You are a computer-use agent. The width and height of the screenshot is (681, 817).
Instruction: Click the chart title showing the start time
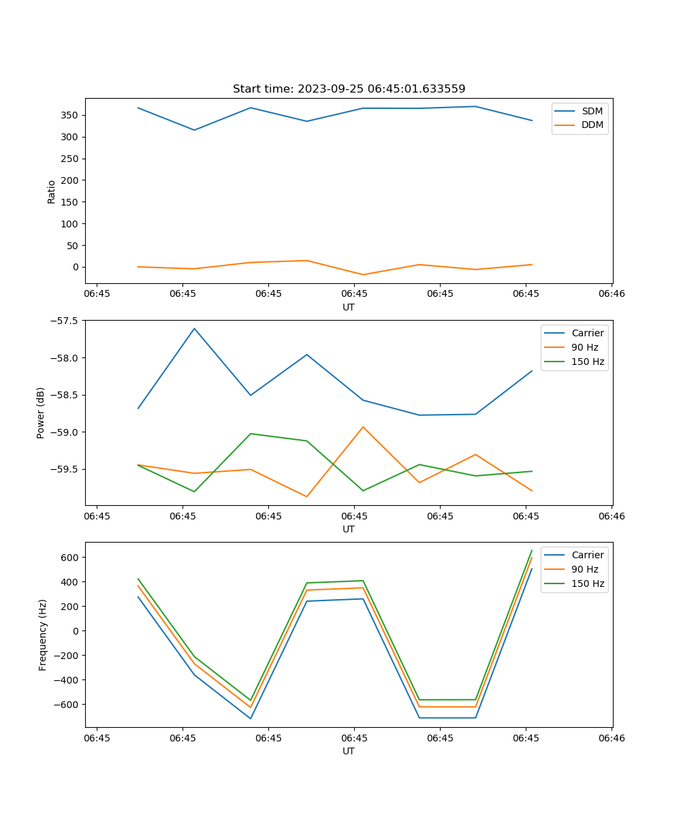pos(349,89)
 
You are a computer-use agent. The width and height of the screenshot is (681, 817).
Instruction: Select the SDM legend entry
pos(592,111)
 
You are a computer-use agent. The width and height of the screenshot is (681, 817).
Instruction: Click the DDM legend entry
pos(592,125)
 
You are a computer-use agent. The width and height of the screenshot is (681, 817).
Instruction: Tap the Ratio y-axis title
pos(52,191)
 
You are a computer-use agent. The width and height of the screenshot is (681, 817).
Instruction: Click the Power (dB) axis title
pos(41,413)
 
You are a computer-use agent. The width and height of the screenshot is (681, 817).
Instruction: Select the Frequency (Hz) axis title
pos(43,635)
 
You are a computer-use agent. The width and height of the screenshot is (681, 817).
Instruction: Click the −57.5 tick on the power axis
pos(65,321)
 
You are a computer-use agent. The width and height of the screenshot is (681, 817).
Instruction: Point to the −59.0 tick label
pos(65,432)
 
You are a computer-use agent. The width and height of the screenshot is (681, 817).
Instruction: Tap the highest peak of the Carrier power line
pos(194,328)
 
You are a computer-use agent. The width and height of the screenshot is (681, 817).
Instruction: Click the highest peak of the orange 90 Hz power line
pos(363,427)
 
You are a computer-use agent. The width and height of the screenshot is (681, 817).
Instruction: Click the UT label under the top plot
pos(349,307)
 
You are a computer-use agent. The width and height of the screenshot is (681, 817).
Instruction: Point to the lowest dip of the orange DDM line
pos(363,275)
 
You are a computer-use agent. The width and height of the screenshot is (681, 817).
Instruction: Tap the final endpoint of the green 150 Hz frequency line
pos(532,550)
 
